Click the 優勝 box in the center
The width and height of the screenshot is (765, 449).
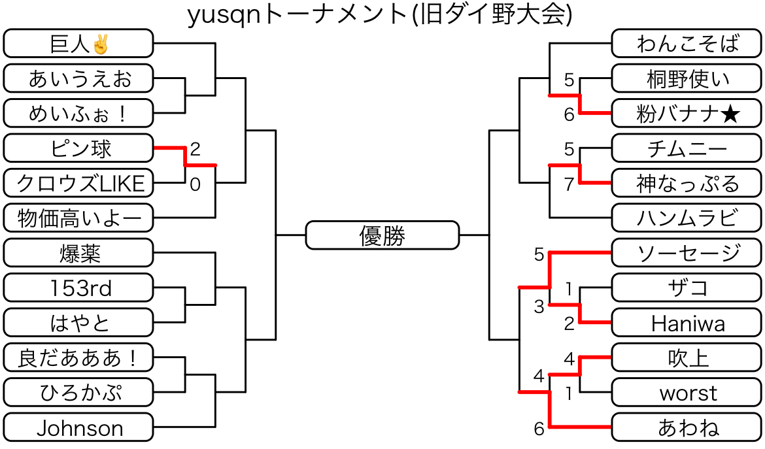382,235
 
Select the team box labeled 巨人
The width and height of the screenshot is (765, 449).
78,44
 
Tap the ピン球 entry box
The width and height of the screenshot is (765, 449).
78,148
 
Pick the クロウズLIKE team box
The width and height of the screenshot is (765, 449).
78,184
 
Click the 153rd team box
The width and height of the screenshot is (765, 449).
78,288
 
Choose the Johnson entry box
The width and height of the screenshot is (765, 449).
78,428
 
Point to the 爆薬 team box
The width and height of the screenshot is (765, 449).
78,253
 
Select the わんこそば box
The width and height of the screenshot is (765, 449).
687,44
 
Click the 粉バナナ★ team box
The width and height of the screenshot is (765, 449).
687,114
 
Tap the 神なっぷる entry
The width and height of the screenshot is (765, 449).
687,184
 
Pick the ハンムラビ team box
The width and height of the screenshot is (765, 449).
687,218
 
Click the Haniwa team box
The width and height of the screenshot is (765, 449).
687,323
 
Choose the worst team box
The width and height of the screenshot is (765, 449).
687,393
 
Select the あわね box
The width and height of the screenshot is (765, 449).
687,428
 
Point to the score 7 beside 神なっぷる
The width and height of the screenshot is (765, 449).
569,184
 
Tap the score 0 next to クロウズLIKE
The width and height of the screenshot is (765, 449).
195,185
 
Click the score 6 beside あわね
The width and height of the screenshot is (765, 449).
539,429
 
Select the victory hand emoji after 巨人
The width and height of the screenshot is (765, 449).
100,44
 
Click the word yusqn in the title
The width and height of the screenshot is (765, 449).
220,16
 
